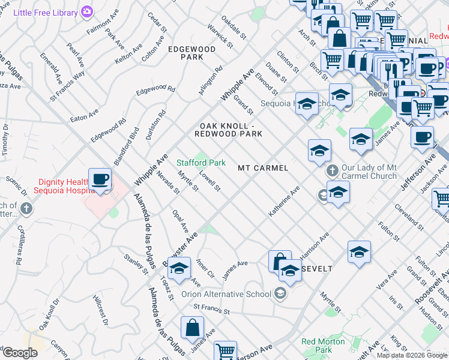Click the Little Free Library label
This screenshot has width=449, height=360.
tap(46, 12)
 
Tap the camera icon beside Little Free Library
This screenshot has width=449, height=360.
tap(87, 12)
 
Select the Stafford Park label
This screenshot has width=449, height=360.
tap(200, 163)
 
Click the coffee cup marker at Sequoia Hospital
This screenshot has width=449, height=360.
tap(100, 179)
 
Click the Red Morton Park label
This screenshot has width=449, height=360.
tap(324, 346)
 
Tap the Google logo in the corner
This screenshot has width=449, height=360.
tap(20, 353)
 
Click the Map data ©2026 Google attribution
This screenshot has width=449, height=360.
tap(411, 355)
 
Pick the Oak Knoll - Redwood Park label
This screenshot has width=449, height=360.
tap(231, 130)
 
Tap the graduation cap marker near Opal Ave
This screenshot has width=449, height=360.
tap(178, 269)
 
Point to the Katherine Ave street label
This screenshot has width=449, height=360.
tap(284, 203)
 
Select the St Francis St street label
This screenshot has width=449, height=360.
tap(212, 310)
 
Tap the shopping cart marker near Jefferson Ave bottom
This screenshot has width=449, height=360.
tap(226, 351)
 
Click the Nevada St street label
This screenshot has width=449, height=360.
tap(168, 183)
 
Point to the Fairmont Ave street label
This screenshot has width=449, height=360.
tap(101, 28)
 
